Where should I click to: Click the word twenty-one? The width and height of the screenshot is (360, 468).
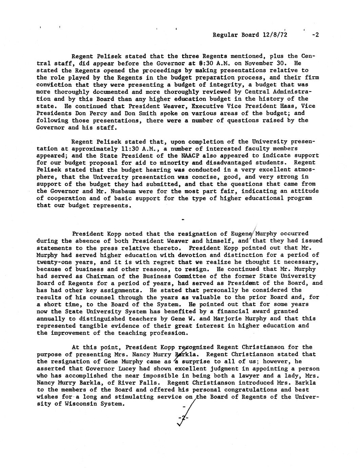point(52,262)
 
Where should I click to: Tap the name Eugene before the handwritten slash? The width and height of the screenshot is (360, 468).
point(242,234)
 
